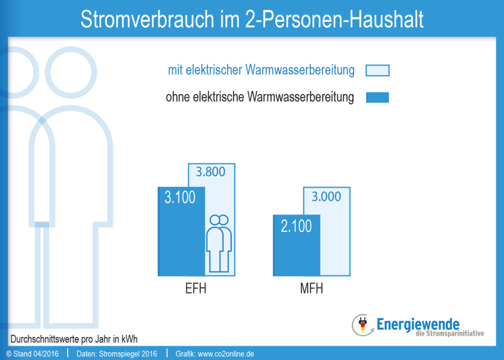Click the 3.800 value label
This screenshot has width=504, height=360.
(211, 171)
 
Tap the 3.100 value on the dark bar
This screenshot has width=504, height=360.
(180, 197)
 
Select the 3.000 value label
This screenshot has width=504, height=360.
(326, 197)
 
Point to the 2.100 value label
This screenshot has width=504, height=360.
(296, 226)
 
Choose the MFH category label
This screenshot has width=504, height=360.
(311, 288)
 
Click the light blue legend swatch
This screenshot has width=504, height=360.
(377, 70)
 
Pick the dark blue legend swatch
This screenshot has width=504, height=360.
(377, 97)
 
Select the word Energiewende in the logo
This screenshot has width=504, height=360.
(418, 323)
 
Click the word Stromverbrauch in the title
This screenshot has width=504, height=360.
(145, 19)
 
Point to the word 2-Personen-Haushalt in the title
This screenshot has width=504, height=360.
(334, 19)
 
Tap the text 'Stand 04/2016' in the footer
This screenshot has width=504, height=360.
(34, 354)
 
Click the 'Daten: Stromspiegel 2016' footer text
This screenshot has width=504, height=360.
(116, 354)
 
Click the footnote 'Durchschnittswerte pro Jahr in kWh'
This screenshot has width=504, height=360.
(74, 338)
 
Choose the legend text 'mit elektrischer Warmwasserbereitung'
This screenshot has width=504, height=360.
(261, 70)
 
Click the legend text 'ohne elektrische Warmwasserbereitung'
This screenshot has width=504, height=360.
(260, 97)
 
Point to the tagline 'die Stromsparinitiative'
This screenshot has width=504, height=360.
(450, 334)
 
